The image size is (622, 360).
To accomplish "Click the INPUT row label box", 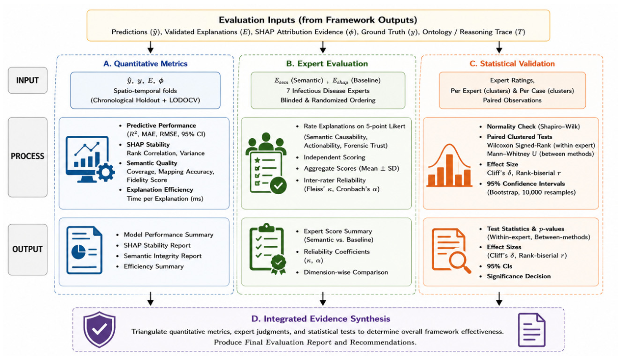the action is pyautogui.click(x=28, y=80).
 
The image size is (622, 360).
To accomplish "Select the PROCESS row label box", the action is pyautogui.click(x=28, y=157).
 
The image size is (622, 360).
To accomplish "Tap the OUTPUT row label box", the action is pyautogui.click(x=28, y=250).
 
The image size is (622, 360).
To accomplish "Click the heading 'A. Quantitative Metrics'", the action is pyautogui.click(x=145, y=64).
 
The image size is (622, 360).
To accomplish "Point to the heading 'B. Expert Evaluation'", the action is pyautogui.click(x=327, y=64).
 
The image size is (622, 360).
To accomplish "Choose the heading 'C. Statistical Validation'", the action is pyautogui.click(x=512, y=64).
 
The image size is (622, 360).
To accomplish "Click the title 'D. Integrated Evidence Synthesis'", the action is pyautogui.click(x=321, y=318).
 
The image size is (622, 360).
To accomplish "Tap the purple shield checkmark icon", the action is pyautogui.click(x=99, y=329).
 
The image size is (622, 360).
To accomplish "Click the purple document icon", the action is pyautogui.click(x=532, y=330).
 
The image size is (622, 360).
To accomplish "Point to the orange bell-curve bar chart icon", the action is pyautogui.click(x=450, y=165).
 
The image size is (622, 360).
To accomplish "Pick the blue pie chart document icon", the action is pyautogui.click(x=85, y=250).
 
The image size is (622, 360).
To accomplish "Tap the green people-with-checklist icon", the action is pyautogui.click(x=266, y=163).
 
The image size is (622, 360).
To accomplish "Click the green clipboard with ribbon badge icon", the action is pyautogui.click(x=268, y=249).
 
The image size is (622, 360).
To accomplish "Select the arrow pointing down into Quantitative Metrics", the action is pyautogui.click(x=150, y=47).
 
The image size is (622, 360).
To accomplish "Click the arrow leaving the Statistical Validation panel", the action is pyautogui.click(x=499, y=298).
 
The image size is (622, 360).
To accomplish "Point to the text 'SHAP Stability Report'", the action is pyautogui.click(x=157, y=245).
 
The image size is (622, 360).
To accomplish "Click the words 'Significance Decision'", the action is pyautogui.click(x=519, y=276).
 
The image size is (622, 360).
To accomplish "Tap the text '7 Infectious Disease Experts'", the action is pyautogui.click(x=328, y=91).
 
